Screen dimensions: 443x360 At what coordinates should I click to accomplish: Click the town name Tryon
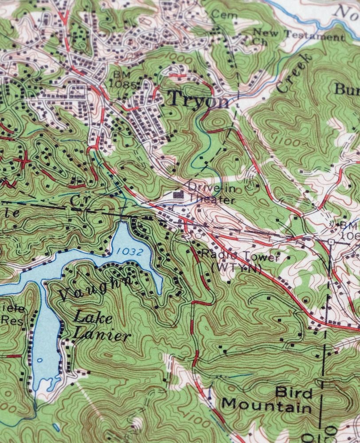pos(199,99)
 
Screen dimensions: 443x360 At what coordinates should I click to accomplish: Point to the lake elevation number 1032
pos(130,252)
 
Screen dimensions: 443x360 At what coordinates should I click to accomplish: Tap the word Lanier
pos(102,334)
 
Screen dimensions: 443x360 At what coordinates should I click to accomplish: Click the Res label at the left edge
pos(13,320)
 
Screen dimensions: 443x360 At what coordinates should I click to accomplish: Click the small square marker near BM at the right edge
pos(331,242)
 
